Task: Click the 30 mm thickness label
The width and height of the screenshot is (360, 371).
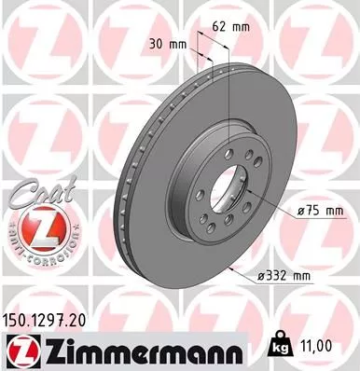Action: point(165,42)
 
